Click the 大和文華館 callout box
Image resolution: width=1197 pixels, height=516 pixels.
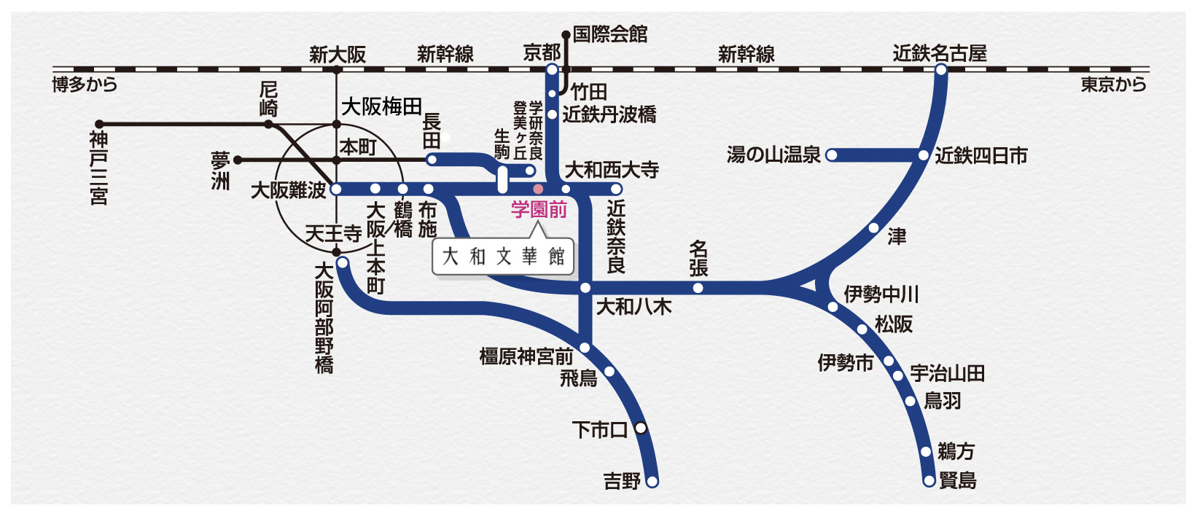[x=503, y=257]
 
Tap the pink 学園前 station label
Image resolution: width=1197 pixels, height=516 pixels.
[x=539, y=210]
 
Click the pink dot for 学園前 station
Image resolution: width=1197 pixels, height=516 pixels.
[x=538, y=189]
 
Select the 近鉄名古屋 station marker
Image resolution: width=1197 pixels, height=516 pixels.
[x=941, y=70]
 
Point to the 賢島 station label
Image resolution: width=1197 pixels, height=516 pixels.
[x=957, y=480]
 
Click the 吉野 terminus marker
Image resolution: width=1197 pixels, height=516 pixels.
[x=652, y=481]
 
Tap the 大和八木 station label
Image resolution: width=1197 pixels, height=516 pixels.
[x=633, y=307]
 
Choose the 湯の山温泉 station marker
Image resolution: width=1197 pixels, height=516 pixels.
[x=832, y=155]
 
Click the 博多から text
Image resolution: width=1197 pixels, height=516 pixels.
[x=85, y=85]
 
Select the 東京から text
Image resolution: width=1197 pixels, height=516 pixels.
[x=1113, y=85]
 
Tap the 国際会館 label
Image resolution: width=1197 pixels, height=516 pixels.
[x=609, y=34]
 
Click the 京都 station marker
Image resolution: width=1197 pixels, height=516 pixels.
[x=552, y=70]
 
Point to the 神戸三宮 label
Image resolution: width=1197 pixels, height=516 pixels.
[x=99, y=168]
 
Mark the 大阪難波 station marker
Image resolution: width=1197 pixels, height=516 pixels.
[x=336, y=189]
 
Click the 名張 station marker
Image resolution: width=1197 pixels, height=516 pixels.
[x=698, y=288]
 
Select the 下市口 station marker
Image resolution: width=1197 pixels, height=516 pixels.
[x=640, y=428]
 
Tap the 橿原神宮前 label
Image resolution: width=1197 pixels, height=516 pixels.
[x=526, y=356]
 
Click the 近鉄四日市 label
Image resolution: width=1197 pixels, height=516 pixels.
[x=981, y=155]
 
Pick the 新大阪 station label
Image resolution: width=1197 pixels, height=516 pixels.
[x=337, y=55]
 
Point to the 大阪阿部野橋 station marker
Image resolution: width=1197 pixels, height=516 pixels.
[x=342, y=262]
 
